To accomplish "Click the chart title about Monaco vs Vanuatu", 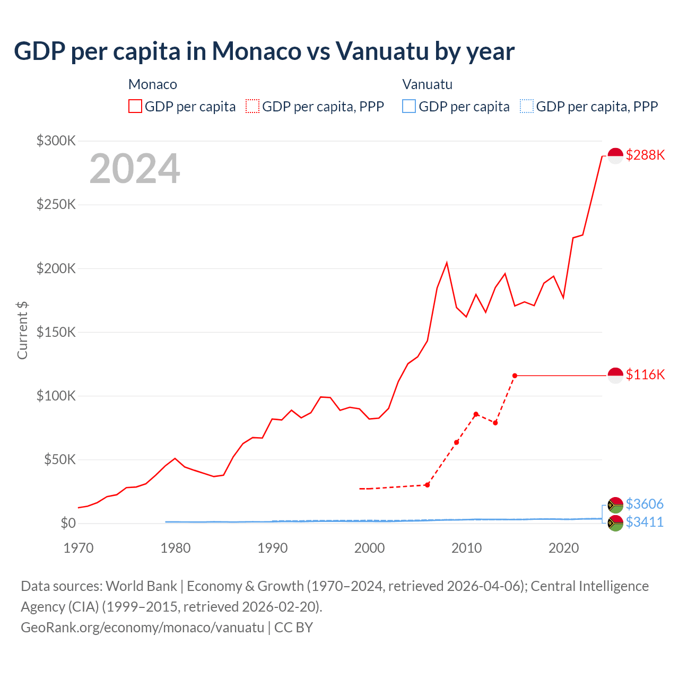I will coord(264,51).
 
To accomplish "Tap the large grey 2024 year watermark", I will coord(135,169).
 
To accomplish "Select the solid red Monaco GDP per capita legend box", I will coord(135,106).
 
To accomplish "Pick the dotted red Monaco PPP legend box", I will coord(253,106).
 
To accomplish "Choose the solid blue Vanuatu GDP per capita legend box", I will coord(409,106).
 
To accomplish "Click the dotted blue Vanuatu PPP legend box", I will coord(527,106).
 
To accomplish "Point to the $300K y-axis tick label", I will coord(56,141).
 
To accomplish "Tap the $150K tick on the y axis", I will coord(56,332).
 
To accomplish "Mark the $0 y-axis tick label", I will coord(68,523).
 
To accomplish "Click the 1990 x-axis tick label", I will coord(272,548).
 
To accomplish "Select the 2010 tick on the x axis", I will coord(466,548).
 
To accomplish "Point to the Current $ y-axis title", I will coord(22,330).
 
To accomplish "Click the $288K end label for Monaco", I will coord(645,155).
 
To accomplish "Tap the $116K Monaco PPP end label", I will coord(645,375).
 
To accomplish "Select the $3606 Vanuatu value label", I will coord(645,503).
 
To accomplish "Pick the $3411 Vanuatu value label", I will coord(645,522).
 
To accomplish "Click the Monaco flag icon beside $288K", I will coord(615,155).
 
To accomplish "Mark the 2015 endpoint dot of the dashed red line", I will coord(515,376).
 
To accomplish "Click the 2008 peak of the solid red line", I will coord(447,263).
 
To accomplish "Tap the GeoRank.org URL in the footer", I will coord(142,628).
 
